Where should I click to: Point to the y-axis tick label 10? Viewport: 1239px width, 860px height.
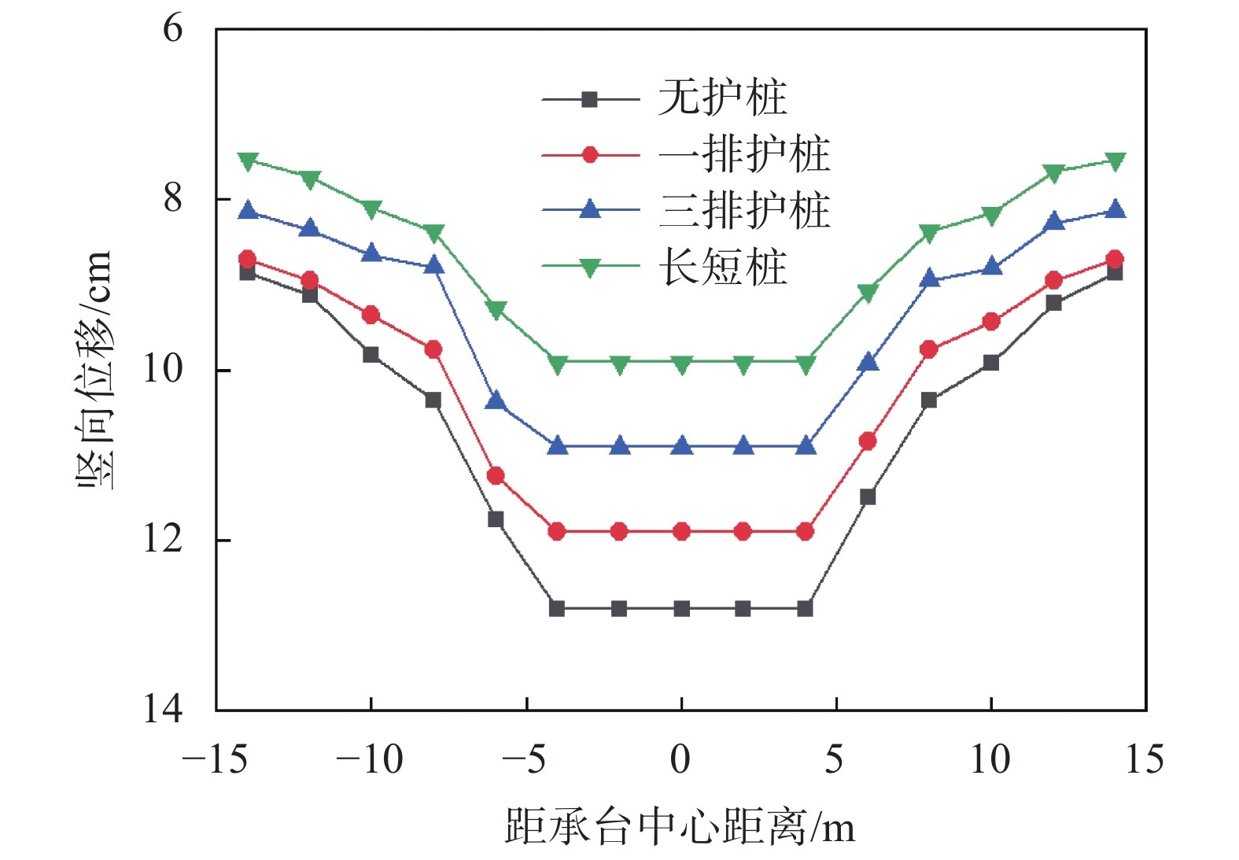click(162, 368)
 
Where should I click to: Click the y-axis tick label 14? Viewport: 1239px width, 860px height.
click(162, 709)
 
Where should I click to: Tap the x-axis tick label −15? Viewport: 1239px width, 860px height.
click(214, 760)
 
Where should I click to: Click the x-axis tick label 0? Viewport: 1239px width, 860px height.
click(680, 760)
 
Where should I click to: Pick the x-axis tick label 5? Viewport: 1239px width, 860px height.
click(835, 760)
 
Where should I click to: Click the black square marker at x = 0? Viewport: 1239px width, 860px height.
click(681, 608)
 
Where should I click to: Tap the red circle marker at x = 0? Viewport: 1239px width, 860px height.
click(681, 532)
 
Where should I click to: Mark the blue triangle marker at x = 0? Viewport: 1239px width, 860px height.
click(681, 446)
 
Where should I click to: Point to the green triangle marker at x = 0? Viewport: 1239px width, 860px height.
click(681, 364)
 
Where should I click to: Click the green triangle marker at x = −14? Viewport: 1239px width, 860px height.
click(248, 161)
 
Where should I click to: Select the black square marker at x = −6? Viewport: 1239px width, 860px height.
click(496, 519)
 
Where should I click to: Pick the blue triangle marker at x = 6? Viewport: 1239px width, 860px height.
click(868, 362)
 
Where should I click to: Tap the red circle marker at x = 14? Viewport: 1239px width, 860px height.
click(1115, 259)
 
